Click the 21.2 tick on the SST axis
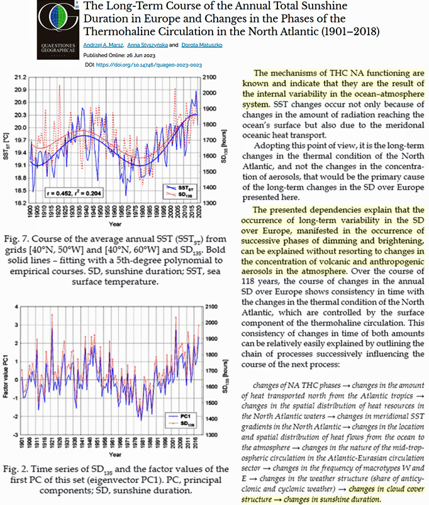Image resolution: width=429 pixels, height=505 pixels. tap(20, 77)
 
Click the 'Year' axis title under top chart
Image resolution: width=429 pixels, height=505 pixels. tap(114, 223)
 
